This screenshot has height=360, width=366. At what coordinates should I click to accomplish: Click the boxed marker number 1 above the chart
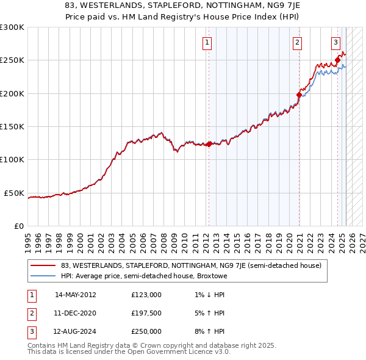(208, 42)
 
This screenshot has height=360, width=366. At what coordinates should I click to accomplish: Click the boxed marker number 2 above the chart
(297, 42)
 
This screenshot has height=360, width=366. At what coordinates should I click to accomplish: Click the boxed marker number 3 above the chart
(336, 42)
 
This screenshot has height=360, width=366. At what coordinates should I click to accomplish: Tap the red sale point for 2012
(209, 145)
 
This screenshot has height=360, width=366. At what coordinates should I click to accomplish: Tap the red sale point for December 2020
(299, 95)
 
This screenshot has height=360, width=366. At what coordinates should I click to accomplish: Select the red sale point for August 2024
(337, 60)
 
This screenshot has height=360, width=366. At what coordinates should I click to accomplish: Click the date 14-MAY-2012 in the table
(76, 295)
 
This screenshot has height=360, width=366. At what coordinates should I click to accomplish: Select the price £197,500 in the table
(146, 313)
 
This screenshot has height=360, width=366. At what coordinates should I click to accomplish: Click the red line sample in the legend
(43, 265)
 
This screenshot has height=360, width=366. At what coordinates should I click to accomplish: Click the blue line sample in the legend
(43, 276)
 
